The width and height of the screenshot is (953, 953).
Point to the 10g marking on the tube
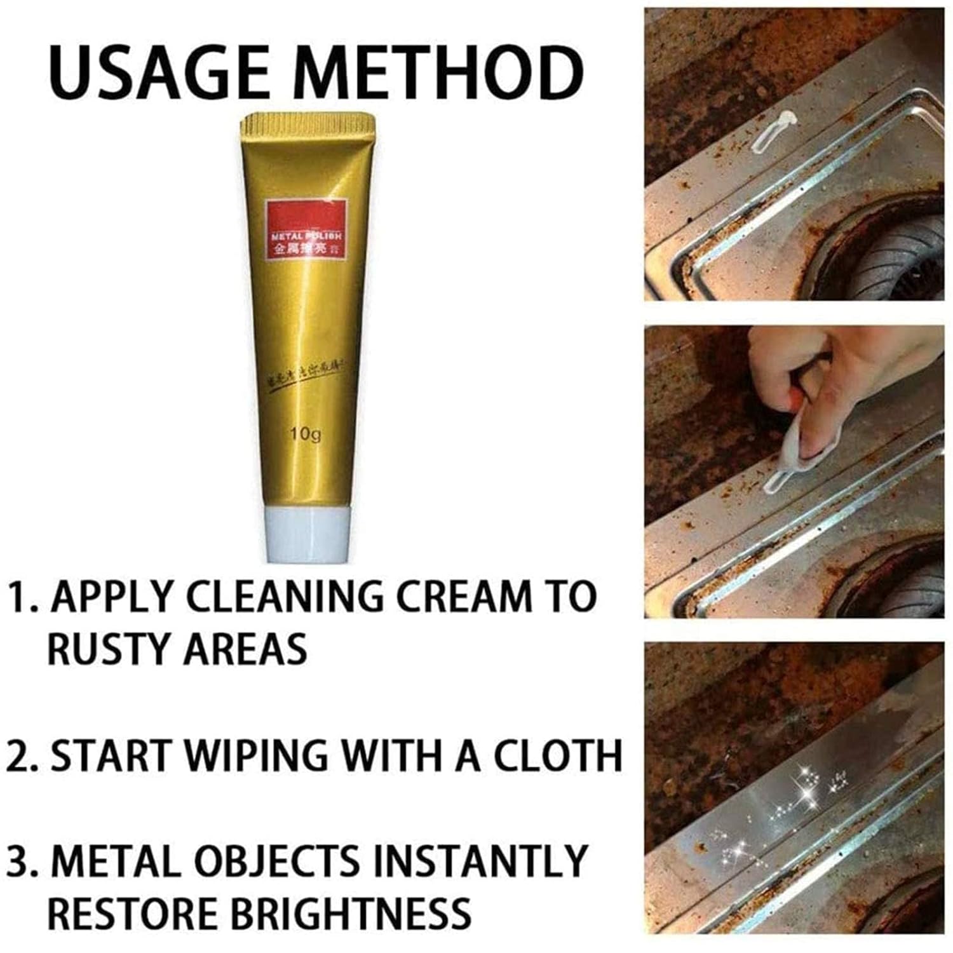pos(305,434)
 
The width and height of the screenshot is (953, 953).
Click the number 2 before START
pos(19,756)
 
